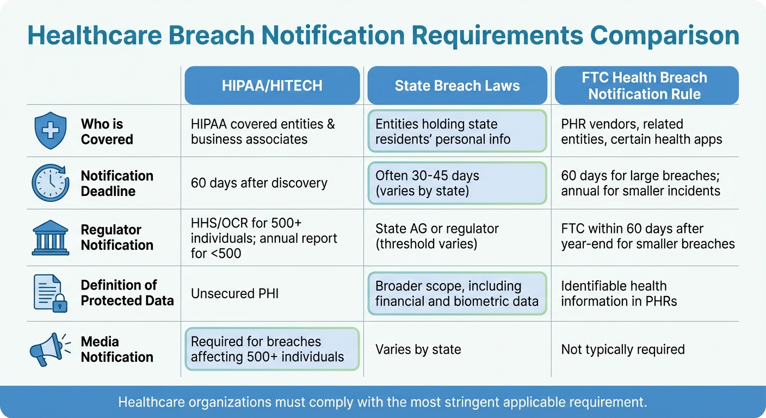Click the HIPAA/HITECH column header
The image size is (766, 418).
(x=272, y=85)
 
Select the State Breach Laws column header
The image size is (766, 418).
(x=457, y=85)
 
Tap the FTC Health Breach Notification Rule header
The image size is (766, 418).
(x=646, y=85)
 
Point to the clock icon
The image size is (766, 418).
(x=51, y=183)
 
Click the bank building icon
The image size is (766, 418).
(x=51, y=238)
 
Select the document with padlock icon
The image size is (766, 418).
(x=51, y=293)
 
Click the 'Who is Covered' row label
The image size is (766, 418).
(x=107, y=132)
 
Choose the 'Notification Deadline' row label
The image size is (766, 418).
(x=117, y=183)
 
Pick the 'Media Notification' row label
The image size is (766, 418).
(x=117, y=349)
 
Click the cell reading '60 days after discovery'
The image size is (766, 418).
(x=259, y=183)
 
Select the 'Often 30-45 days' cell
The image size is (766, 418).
(x=457, y=183)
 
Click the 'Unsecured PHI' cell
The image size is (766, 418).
(x=234, y=293)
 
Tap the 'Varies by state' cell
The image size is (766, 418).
(x=418, y=349)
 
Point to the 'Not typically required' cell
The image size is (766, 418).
(x=622, y=349)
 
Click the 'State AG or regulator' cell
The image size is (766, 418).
(x=437, y=237)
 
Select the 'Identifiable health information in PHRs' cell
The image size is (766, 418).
(x=619, y=293)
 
